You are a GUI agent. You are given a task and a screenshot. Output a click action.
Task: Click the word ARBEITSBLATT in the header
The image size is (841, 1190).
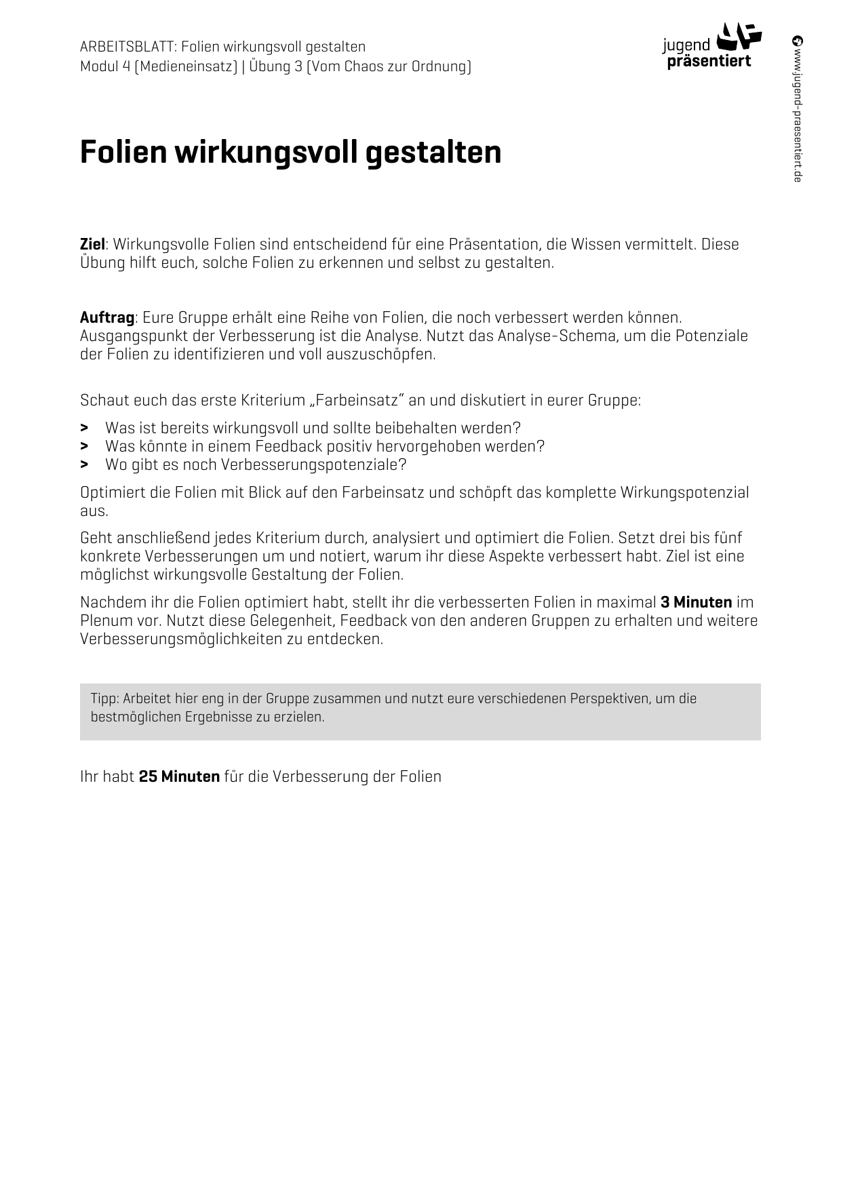click(x=129, y=47)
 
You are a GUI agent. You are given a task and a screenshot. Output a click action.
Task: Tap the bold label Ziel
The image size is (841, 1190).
click(x=92, y=244)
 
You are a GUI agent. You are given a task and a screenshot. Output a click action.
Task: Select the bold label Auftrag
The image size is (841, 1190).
click(x=106, y=317)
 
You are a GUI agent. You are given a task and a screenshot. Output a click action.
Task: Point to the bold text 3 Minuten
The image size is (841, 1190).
click(x=696, y=602)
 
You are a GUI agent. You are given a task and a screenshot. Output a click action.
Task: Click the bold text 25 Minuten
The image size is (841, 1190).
click(x=179, y=776)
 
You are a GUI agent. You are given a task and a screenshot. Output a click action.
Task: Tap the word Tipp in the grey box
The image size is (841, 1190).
click(x=104, y=698)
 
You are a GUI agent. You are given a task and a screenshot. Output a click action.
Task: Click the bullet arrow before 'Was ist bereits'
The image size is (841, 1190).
click(x=84, y=428)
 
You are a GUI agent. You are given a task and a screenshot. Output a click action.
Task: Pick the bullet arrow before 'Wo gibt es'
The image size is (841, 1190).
click(x=84, y=464)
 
